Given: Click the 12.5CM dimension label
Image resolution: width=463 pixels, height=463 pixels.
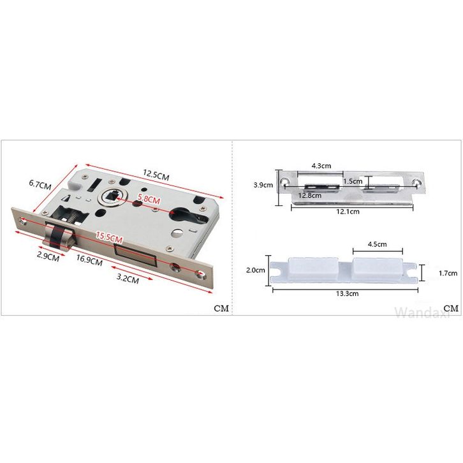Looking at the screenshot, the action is pos(156,175).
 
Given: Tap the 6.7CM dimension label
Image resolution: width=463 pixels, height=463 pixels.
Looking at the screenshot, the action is pos(40,185).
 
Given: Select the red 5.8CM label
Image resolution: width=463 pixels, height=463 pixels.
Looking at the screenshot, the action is pos(149,199).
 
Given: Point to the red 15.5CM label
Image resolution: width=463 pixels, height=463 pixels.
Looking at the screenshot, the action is pos(109,237).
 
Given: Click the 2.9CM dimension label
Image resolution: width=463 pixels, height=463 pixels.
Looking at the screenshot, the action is pos(48,256).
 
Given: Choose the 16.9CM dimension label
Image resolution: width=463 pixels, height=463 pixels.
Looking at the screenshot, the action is pos(89,260).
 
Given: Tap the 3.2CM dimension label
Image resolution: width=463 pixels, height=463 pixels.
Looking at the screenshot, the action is pos(128,278).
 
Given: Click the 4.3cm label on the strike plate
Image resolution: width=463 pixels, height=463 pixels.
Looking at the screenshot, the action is pos(321,166).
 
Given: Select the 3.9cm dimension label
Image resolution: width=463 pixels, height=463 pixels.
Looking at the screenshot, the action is pos(263,185).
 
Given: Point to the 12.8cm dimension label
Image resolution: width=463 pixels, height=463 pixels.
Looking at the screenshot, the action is pos(310,196).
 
